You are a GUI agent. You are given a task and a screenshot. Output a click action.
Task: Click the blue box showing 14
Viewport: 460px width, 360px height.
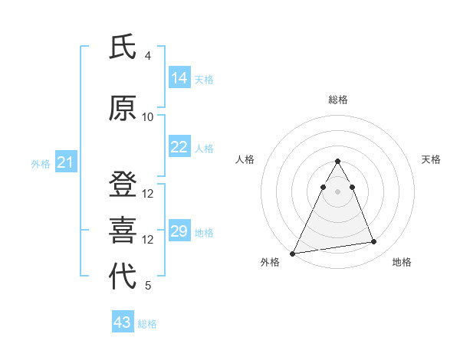pyautogui.click(x=179, y=78)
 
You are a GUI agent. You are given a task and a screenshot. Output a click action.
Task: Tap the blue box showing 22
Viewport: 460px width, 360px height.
pyautogui.click(x=179, y=147)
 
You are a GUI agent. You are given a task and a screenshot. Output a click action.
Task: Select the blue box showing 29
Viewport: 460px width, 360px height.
pyautogui.click(x=179, y=231)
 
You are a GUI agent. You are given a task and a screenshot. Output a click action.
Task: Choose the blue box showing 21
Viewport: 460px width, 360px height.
pyautogui.click(x=65, y=162)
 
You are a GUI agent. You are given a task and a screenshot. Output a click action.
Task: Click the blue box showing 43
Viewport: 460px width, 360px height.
pyautogui.click(x=123, y=322)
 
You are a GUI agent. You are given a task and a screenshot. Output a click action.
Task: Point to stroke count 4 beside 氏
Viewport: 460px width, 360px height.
pyautogui.click(x=147, y=56)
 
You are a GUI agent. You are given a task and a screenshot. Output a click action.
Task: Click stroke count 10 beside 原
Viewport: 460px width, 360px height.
pyautogui.click(x=148, y=117)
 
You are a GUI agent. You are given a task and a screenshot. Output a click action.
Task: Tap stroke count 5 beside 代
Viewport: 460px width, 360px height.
pyautogui.click(x=148, y=286)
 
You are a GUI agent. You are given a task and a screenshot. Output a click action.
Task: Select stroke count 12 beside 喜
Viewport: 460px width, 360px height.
pyautogui.click(x=148, y=240)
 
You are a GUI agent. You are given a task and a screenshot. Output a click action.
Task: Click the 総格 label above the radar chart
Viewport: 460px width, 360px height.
pyautogui.click(x=338, y=100)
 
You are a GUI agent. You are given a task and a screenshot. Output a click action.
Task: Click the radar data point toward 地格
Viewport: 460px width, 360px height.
pyautogui.click(x=374, y=242)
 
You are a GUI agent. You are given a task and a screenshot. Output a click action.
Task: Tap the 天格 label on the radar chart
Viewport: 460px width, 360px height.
pyautogui.click(x=431, y=159)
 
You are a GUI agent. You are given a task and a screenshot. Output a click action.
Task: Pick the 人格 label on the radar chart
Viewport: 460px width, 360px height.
pyautogui.click(x=245, y=159)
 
